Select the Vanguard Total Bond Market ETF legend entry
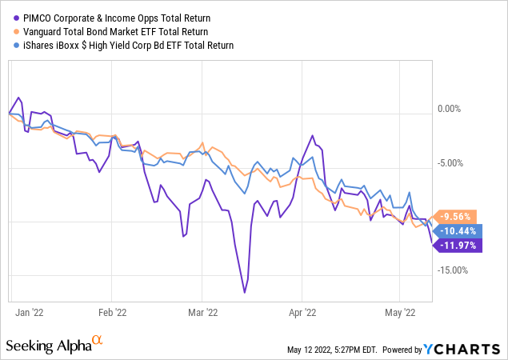pos(116,30)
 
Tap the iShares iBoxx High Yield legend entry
pos(124,45)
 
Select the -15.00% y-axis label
pos(452,270)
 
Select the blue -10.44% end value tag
pos(459,230)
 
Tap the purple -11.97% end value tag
pos(459,245)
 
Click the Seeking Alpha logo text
pos(50,345)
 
